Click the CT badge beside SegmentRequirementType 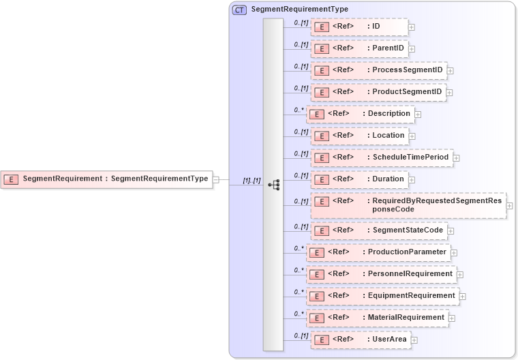pyautogui.click(x=239, y=10)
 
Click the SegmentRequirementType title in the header pyautogui.click(x=299, y=10)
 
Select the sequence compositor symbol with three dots pyautogui.click(x=274, y=184)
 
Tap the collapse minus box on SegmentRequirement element pyautogui.click(x=215, y=179)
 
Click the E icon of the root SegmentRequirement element pyautogui.click(x=11, y=179)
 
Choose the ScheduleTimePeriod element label pyautogui.click(x=410, y=157)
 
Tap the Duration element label pyautogui.click(x=388, y=179)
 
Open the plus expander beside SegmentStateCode pyautogui.click(x=451, y=231)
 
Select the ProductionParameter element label pyautogui.click(x=407, y=252)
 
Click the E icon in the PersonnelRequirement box pyautogui.click(x=316, y=274)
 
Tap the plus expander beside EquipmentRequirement pyautogui.click(x=463, y=297)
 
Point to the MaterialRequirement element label pyautogui.click(x=406, y=317)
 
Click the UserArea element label pyautogui.click(x=389, y=339)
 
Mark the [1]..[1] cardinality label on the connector pyautogui.click(x=252, y=180)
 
